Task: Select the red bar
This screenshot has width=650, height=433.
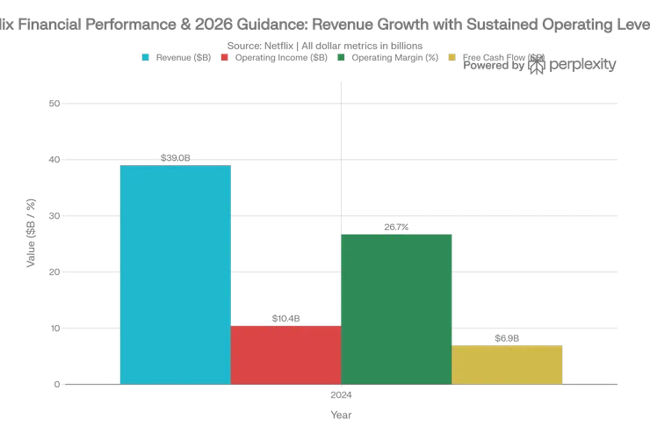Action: [285, 354]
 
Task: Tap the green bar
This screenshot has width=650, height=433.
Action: [396, 308]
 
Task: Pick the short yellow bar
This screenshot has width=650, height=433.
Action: [507, 364]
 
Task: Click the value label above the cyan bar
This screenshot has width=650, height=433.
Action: [175, 158]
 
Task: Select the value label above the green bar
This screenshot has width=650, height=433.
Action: [396, 227]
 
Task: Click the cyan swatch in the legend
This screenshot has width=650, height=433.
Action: [146, 57]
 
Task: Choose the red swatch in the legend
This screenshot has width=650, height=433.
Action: [225, 57]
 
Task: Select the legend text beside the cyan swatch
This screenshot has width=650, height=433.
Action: [184, 57]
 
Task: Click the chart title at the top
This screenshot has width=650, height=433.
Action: [325, 28]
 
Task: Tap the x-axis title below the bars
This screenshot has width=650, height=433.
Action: [341, 412]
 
